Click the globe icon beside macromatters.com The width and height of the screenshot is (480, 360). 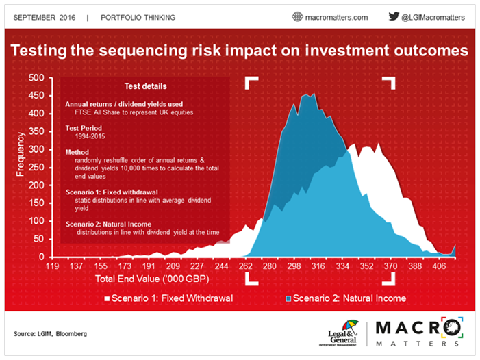(297, 16)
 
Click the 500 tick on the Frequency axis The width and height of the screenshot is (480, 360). (35, 78)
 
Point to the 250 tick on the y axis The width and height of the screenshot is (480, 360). (35, 168)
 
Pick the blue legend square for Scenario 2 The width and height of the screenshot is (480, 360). (288, 298)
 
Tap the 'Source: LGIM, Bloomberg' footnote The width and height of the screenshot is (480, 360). (51, 333)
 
